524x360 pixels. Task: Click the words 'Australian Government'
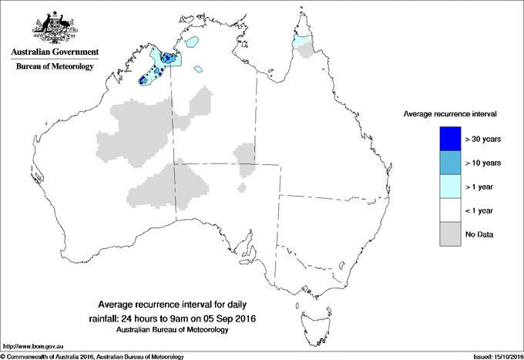pos(54,52)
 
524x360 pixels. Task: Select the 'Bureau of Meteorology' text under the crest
pos(54,67)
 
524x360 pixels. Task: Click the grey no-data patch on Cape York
pos(310,50)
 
